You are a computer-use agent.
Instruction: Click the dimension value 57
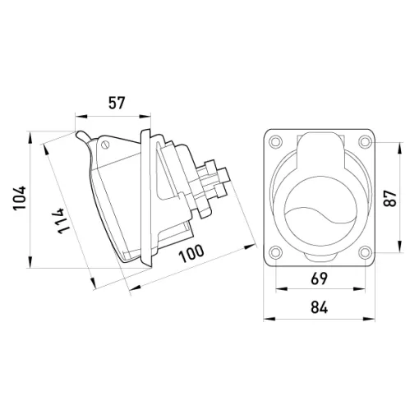(x=117, y=103)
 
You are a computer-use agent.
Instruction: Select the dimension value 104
(x=20, y=198)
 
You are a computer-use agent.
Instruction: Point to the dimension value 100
(x=191, y=253)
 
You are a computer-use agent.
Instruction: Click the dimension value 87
(x=390, y=199)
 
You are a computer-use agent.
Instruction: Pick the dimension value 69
(x=320, y=279)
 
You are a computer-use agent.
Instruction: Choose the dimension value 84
(x=320, y=307)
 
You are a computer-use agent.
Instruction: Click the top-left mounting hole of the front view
(x=275, y=141)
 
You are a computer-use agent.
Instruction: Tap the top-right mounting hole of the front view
(x=365, y=141)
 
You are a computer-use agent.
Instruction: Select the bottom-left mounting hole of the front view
(x=275, y=252)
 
